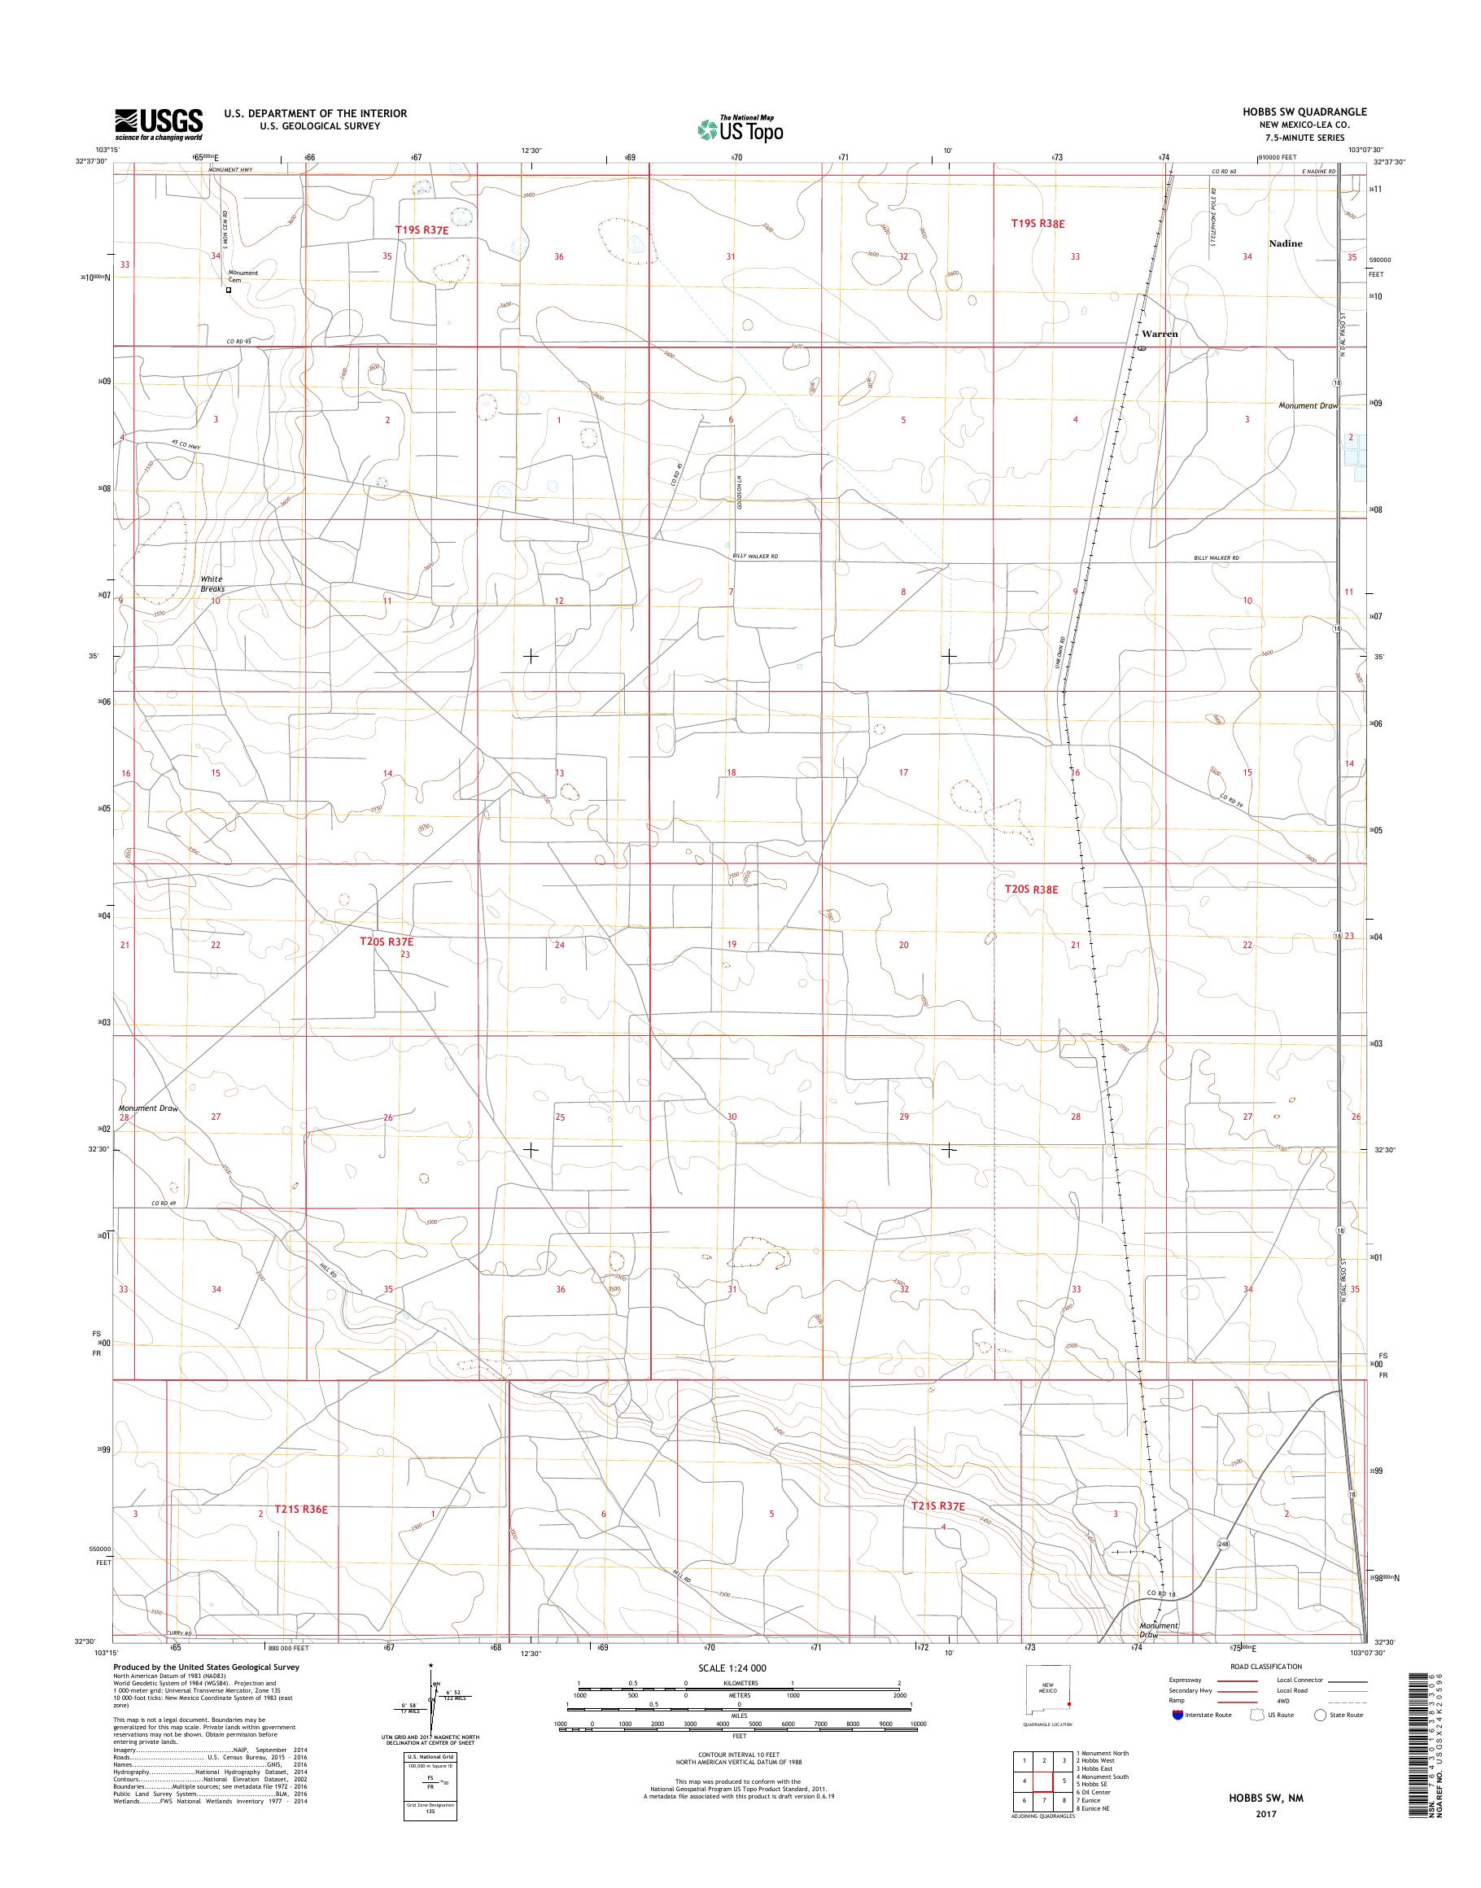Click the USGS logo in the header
159,124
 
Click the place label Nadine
1285,243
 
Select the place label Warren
1160,334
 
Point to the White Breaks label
212,583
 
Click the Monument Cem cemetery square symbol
229,291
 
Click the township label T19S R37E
422,229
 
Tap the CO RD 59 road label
1233,804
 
